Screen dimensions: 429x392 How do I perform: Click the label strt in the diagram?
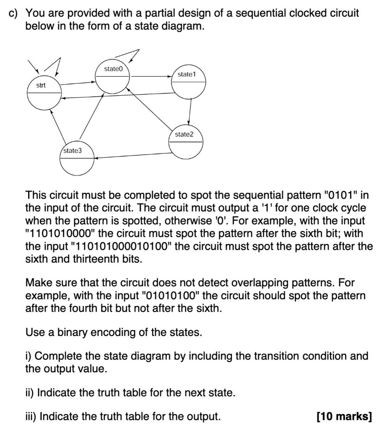click(41, 85)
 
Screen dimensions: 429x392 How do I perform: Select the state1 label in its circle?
click(186, 74)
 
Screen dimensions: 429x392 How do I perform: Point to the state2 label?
click(184, 134)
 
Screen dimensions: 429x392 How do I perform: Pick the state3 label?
click(72, 150)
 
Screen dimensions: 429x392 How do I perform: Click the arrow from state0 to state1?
click(151, 77)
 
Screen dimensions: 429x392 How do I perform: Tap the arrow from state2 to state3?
click(134, 155)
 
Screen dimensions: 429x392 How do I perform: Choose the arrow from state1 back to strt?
click(117, 96)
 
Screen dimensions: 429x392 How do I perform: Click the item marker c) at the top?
click(14, 13)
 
